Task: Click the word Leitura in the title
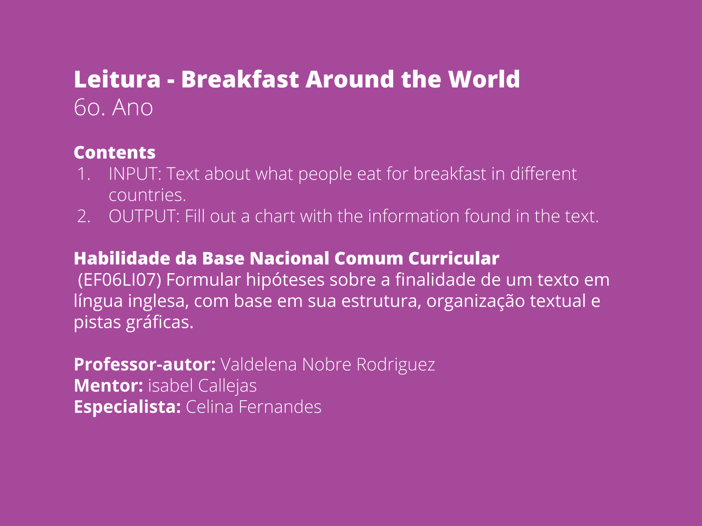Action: [117, 79]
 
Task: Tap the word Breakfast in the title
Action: [240, 79]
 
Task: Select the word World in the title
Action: [484, 79]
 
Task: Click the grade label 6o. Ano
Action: [113, 107]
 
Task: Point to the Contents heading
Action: [115, 153]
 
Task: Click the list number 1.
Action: [84, 174]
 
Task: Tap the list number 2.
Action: [84, 217]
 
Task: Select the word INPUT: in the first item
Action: [135, 174]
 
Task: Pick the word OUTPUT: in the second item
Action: [144, 217]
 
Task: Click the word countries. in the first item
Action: [147, 195]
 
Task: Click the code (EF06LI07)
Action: [120, 280]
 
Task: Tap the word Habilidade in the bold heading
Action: [122, 258]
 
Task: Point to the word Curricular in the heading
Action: [454, 258]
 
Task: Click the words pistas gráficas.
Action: [134, 323]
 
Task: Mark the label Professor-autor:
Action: [145, 364]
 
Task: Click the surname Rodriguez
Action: [396, 365]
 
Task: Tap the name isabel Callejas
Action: [202, 386]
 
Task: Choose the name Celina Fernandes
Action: [254, 407]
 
